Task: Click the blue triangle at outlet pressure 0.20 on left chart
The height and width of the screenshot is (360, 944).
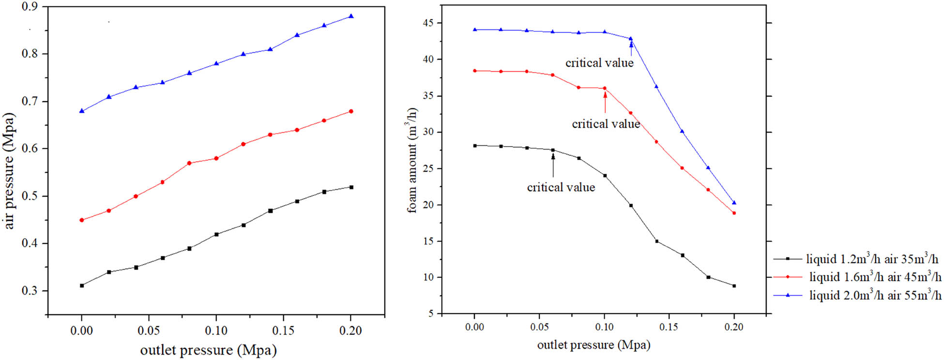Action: pos(351,16)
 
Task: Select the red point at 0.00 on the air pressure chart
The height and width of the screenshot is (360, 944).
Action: pos(82,220)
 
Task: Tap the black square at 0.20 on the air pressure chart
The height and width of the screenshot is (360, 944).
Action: pos(351,187)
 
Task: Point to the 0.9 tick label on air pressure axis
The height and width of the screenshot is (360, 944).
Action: pos(30,7)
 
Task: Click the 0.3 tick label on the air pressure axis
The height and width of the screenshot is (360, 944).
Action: pos(30,291)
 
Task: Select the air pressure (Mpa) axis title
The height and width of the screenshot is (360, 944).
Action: pos(10,171)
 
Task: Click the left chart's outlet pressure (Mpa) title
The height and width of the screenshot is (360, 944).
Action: pos(208,350)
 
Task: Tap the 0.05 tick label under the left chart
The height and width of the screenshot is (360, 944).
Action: pos(149,330)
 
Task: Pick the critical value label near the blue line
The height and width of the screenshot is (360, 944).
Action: pos(599,63)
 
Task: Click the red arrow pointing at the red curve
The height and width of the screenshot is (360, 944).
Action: pos(605,102)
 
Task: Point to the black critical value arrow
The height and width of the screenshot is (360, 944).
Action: pos(553,165)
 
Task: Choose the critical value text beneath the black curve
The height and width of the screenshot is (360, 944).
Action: pos(561,187)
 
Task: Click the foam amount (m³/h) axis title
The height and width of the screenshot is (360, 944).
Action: pos(412,160)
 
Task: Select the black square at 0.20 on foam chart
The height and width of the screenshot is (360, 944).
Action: pos(734,286)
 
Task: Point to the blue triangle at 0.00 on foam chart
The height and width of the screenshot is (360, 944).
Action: pos(475,30)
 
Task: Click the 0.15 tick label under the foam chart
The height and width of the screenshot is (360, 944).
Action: pos(669,327)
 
